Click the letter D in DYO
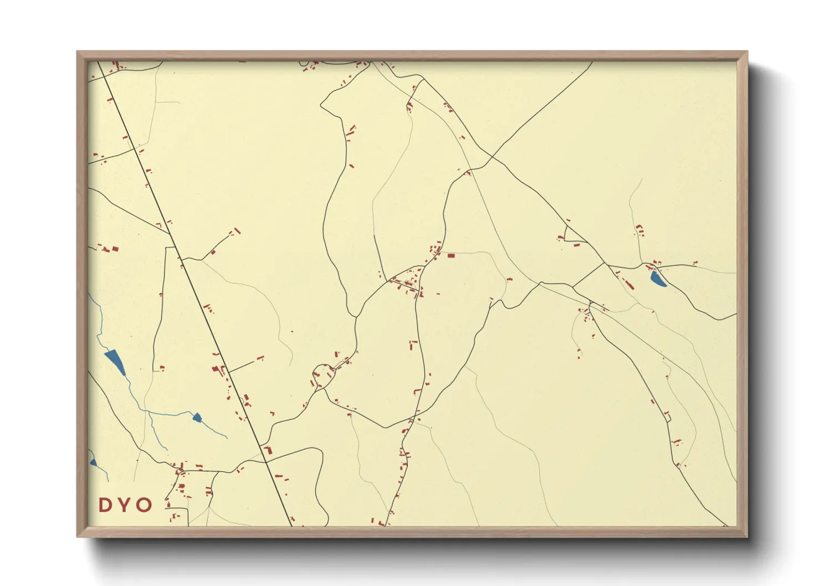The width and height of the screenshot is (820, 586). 105,505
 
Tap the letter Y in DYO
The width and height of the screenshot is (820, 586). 125,505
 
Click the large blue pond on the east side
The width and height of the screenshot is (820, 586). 658,279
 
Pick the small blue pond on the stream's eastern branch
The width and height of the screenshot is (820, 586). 197,417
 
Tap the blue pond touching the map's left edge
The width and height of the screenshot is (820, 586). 93,462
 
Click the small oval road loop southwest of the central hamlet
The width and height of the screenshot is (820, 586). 323,375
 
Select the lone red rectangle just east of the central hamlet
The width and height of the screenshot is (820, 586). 450,255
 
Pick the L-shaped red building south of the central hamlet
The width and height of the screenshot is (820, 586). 412,345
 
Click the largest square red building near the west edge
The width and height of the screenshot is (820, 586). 115,249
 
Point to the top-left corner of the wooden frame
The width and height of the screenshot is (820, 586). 78,52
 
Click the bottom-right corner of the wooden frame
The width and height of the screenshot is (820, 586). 747,536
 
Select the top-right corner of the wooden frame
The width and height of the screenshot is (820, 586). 747,52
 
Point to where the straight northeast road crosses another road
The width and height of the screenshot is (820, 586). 490,158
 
